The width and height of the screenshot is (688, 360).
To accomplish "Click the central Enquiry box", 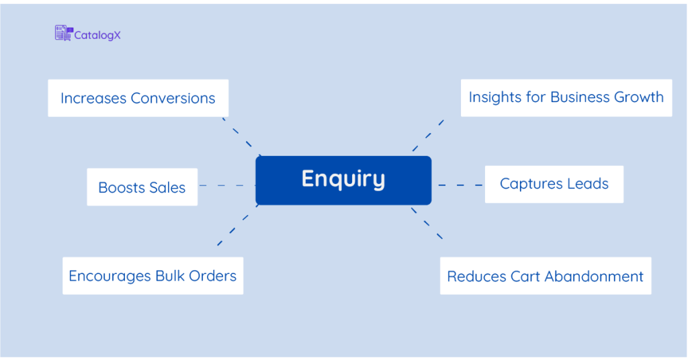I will point(343,180).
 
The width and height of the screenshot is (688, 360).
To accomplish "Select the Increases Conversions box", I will point(138,98).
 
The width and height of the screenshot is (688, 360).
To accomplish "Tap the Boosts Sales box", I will point(142,187).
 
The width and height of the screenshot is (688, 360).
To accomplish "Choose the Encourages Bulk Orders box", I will point(153,275).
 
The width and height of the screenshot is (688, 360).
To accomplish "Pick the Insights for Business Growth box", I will point(566,97).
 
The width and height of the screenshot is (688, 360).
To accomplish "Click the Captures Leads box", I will point(554,184).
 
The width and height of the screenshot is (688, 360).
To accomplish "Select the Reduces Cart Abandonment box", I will point(545,276).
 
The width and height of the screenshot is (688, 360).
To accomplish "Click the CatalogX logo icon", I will point(63,34).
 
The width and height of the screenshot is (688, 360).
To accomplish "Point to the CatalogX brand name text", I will point(97,34).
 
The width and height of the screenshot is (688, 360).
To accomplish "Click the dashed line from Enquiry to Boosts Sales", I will point(226,185).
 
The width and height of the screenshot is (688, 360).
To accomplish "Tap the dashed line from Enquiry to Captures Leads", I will point(460,185).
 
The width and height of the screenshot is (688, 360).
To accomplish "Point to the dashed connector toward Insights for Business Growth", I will point(428,136).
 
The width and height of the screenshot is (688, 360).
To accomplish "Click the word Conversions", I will point(173,98).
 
